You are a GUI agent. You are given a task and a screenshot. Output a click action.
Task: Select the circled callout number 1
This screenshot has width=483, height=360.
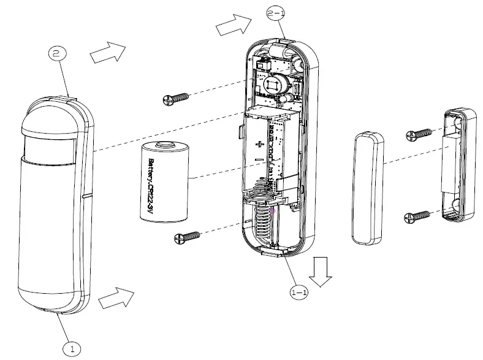(x=72, y=349)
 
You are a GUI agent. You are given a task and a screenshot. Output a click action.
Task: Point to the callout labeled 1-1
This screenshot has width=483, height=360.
(x=299, y=294)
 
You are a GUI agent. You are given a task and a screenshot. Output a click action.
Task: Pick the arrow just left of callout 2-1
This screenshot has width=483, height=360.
(x=234, y=26)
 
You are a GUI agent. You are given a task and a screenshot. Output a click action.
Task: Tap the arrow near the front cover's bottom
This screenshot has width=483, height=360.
(x=116, y=298)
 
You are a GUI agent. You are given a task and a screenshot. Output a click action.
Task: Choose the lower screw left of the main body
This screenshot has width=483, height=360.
(x=188, y=236)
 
